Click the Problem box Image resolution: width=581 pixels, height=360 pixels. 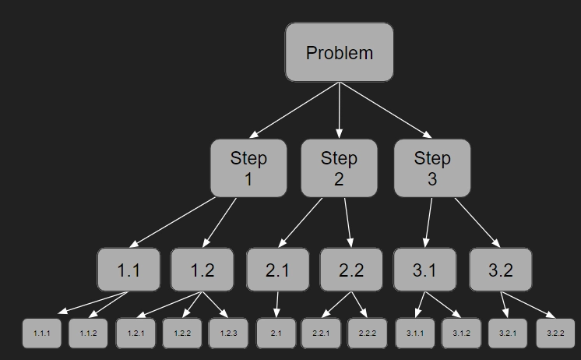(x=339, y=52)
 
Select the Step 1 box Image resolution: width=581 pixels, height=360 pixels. (x=248, y=168)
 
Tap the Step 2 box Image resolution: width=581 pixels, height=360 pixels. (x=339, y=168)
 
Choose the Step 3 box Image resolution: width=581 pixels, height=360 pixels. (x=431, y=168)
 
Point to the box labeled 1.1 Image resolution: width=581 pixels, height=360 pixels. (x=129, y=270)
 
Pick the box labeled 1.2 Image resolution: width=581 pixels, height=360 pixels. (x=202, y=270)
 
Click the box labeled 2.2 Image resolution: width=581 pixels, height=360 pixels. (x=351, y=270)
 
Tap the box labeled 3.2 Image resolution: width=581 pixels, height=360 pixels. (x=500, y=270)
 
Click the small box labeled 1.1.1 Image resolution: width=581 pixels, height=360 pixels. (x=41, y=333)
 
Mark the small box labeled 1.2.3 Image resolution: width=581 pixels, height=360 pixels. (x=228, y=333)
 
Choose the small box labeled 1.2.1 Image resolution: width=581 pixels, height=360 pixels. (x=136, y=333)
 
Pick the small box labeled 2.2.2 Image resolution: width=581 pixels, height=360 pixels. (x=368, y=333)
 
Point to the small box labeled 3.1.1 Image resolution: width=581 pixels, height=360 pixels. (x=415, y=333)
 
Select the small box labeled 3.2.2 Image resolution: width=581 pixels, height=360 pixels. (x=555, y=333)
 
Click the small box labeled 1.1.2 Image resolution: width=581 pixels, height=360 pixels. (x=88, y=333)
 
